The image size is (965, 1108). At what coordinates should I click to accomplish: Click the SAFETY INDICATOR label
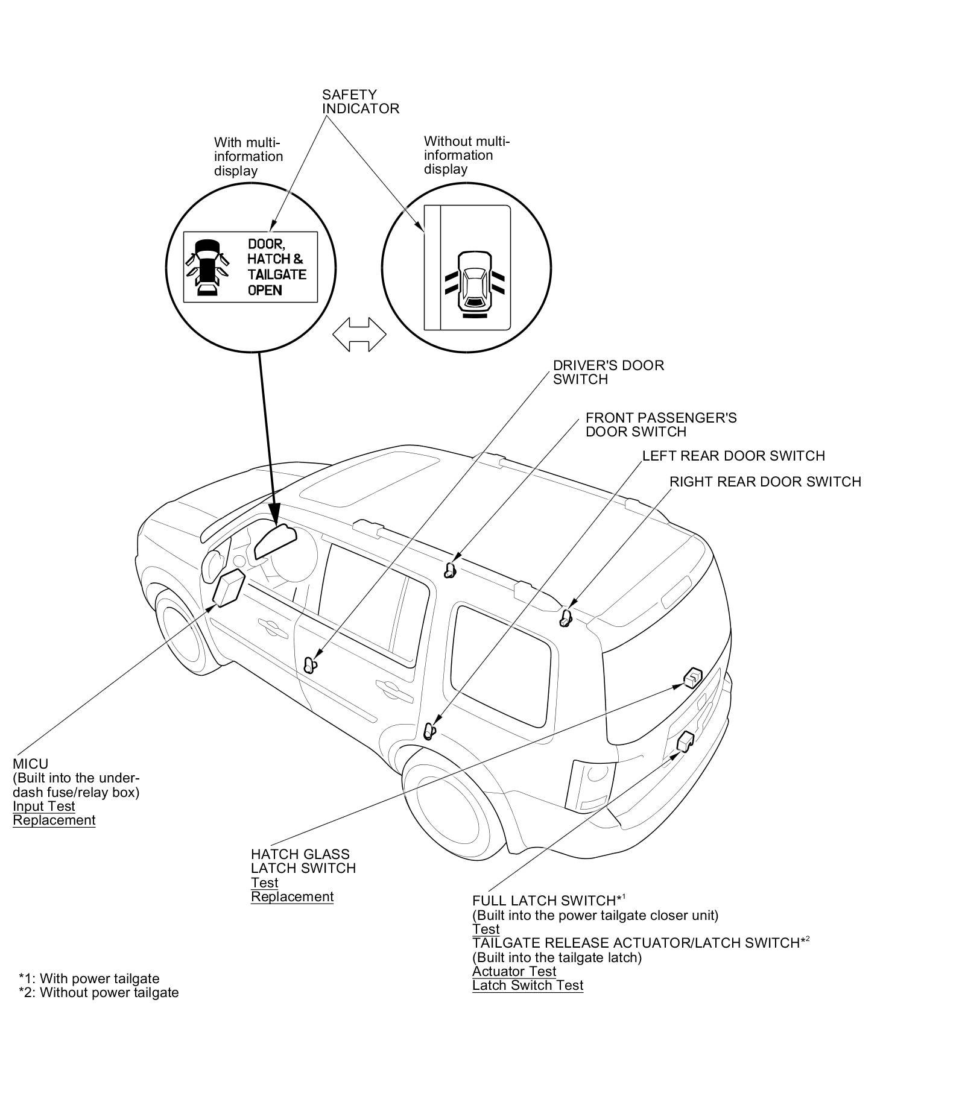[x=360, y=102]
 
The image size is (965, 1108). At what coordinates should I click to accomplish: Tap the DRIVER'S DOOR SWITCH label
[x=609, y=373]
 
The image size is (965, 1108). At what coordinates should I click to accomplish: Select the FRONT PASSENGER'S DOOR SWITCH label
[x=661, y=425]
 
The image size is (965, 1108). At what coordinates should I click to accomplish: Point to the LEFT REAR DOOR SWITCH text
[x=733, y=456]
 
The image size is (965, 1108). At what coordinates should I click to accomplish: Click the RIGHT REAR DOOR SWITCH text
[x=765, y=482]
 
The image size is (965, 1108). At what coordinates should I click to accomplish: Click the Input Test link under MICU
[x=44, y=807]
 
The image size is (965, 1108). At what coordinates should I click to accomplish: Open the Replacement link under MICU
[x=54, y=820]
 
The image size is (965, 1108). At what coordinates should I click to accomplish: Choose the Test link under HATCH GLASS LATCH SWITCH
[x=265, y=883]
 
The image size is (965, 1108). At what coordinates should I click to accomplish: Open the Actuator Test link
[x=514, y=971]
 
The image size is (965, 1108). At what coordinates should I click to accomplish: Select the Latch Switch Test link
[x=528, y=986]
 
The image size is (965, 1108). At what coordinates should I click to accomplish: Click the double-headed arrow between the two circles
[x=359, y=335]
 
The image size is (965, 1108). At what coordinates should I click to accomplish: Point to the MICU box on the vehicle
[x=229, y=588]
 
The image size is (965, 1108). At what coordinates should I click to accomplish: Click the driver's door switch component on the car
[x=310, y=666]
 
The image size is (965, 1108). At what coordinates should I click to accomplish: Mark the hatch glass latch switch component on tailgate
[x=693, y=678]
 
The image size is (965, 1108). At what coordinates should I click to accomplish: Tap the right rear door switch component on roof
[x=566, y=618]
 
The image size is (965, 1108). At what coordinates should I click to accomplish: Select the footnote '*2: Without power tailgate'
[x=99, y=992]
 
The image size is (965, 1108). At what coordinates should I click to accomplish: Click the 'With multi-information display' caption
[x=248, y=157]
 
